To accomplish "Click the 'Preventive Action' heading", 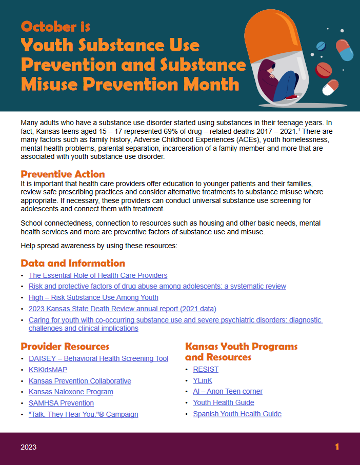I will tap(63, 174).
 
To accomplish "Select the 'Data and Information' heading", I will tap(73, 263).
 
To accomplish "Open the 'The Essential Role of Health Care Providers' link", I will tap(98, 275).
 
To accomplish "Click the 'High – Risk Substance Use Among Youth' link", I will tap(93, 297).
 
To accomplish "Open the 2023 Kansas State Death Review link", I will tap(123, 309).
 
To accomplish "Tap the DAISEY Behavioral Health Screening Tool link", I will tap(98, 358).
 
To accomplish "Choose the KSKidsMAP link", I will tap(48, 370).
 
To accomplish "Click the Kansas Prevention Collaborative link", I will tap(80, 381).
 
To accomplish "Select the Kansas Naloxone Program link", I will tap(71, 392).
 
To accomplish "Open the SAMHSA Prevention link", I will tap(61, 403).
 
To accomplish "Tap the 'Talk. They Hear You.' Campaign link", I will tap(83, 414).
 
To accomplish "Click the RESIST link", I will tap(206, 369).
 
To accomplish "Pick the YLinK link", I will tap(203, 380).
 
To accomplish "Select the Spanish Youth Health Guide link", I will tap(237, 414).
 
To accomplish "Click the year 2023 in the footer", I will tap(28, 447).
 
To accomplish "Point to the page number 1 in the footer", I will tap(337, 447).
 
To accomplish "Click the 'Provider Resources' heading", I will tap(65, 347).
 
